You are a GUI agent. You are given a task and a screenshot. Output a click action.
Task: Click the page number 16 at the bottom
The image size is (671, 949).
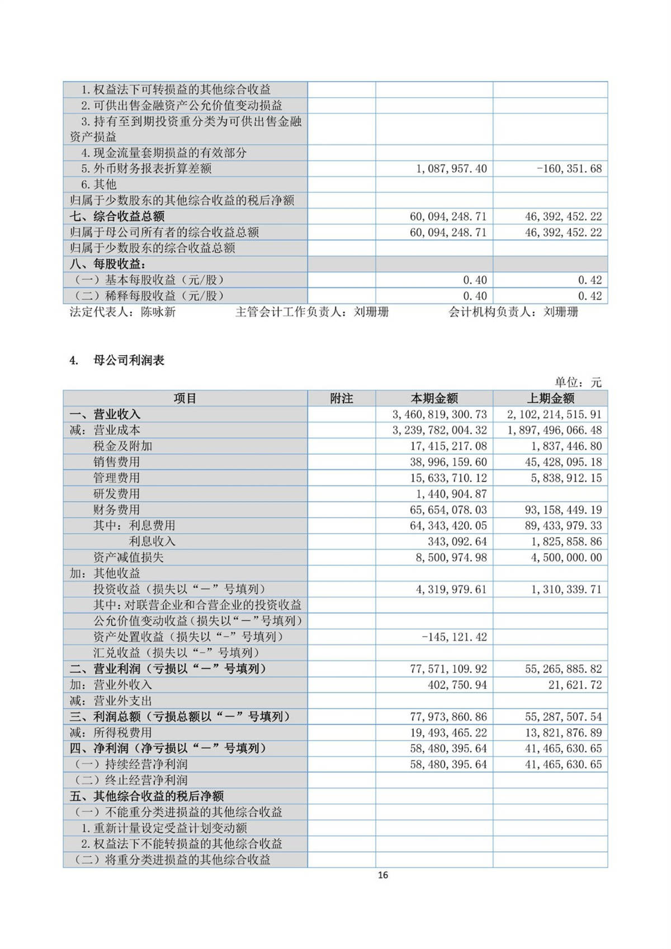pos(383,875)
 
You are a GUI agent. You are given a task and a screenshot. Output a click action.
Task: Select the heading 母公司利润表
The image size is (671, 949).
pos(129,361)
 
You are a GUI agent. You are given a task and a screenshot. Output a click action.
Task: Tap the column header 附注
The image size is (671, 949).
pos(341,398)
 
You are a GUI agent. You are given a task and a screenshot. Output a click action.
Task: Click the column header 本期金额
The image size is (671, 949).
pos(434,398)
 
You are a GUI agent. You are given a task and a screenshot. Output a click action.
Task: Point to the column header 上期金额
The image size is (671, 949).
pos(550,398)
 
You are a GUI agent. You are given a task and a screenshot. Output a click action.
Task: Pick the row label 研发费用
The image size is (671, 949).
pos(116,494)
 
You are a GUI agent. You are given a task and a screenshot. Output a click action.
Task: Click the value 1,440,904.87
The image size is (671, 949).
pos(451,494)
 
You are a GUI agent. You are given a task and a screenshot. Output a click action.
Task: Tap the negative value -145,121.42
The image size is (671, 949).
pos(453,637)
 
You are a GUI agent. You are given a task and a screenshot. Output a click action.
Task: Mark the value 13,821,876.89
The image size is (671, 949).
pos(563,733)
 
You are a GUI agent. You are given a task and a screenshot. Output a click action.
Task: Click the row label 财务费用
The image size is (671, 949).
pos(116,509)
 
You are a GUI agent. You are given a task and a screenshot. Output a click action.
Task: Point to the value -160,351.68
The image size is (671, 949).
pos(569,168)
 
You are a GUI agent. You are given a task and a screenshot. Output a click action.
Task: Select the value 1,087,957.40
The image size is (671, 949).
pos(451,168)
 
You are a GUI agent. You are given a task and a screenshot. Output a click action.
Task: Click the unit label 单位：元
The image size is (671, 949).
pos(578,383)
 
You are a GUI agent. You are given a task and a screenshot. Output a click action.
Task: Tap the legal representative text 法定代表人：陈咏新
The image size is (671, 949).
pos(122,312)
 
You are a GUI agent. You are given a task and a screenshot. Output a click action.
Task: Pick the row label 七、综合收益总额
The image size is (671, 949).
pos(117,216)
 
